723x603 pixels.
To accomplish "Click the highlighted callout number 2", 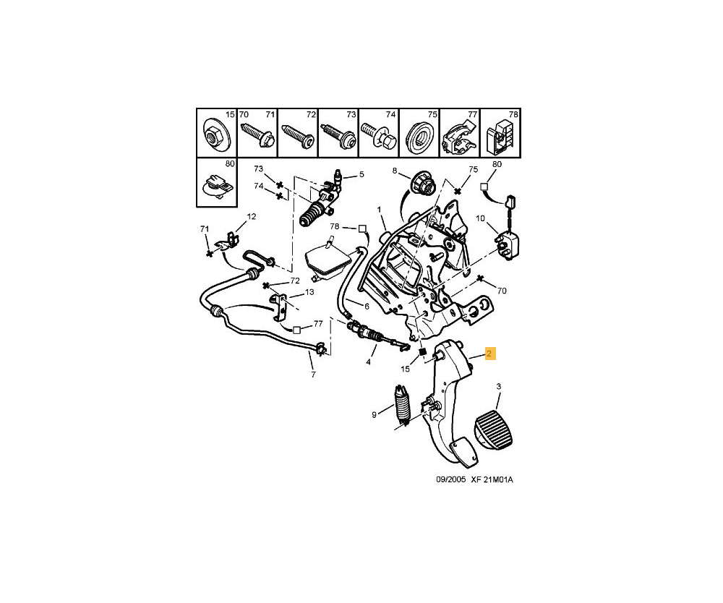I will click(489, 354).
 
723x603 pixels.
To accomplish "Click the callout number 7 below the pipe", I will click(312, 375).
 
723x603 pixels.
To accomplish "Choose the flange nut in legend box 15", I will click(214, 134).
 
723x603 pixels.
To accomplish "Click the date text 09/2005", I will click(450, 479).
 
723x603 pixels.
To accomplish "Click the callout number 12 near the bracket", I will click(252, 216).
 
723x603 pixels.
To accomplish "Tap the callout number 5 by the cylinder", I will click(362, 174).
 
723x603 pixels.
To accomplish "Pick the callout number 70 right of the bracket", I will click(502, 291).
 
